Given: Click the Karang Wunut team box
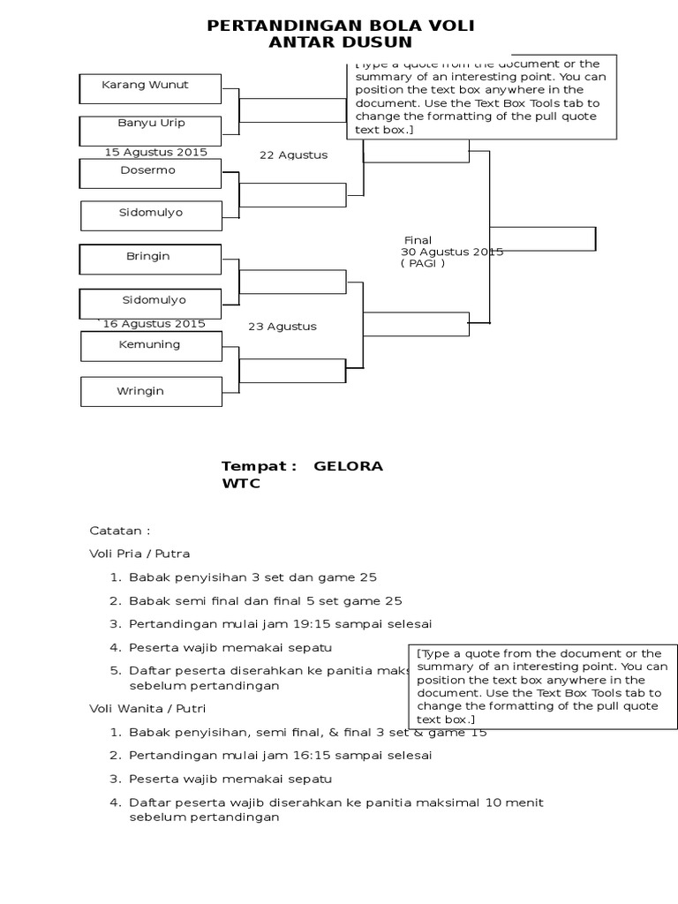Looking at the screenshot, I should pyautogui.click(x=149, y=87).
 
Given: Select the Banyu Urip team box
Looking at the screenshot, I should pyautogui.click(x=149, y=129).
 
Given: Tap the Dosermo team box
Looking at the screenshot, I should pyautogui.click(x=149, y=172).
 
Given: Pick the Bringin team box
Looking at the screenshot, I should pyautogui.click(x=149, y=258).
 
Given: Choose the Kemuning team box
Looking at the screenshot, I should pyautogui.click(x=151, y=345).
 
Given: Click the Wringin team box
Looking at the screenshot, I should pyautogui.click(x=151, y=391).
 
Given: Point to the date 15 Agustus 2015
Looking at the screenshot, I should pyautogui.click(x=156, y=152).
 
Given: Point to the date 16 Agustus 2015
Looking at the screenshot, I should pyautogui.click(x=154, y=324).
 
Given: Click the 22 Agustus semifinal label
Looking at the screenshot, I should pyautogui.click(x=293, y=155).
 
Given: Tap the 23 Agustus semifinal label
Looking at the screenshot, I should pyautogui.click(x=282, y=327).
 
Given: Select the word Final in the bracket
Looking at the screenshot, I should pyautogui.click(x=418, y=240).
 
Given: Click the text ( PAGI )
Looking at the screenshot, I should pyautogui.click(x=422, y=263).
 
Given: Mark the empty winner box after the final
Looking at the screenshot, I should pyautogui.click(x=542, y=238).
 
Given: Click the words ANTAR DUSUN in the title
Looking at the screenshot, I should pyautogui.click(x=340, y=42).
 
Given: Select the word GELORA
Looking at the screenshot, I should pyautogui.click(x=349, y=466).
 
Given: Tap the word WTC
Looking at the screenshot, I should pyautogui.click(x=241, y=484).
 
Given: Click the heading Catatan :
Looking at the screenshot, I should pyautogui.click(x=120, y=531).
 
